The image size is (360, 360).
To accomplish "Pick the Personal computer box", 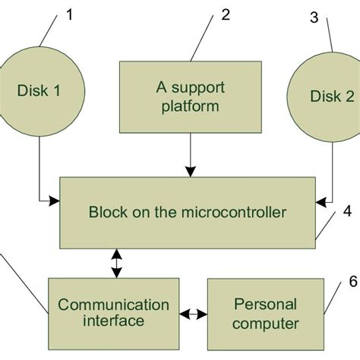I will pyautogui.click(x=265, y=313).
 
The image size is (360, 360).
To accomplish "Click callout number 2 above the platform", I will pyautogui.click(x=225, y=15).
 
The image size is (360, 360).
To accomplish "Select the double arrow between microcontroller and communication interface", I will pyautogui.click(x=115, y=263).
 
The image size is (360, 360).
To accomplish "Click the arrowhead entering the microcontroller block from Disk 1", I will pyautogui.click(x=54, y=201).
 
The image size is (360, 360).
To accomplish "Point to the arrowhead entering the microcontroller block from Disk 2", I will pyautogui.click(x=321, y=201).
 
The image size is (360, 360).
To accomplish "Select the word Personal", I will pyautogui.click(x=265, y=305).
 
